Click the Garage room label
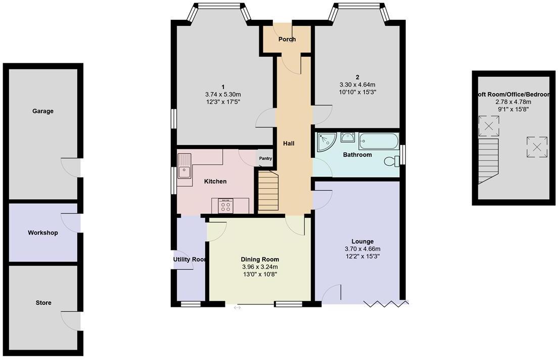(x=43, y=111)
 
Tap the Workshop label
(x=43, y=233)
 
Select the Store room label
(x=43, y=303)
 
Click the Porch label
(x=287, y=39)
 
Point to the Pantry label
(x=265, y=159)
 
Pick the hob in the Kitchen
(x=225, y=206)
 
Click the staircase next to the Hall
(x=268, y=192)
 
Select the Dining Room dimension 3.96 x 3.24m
(x=260, y=267)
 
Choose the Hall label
(x=289, y=144)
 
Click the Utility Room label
(x=190, y=259)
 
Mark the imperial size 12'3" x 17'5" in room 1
(x=223, y=102)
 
